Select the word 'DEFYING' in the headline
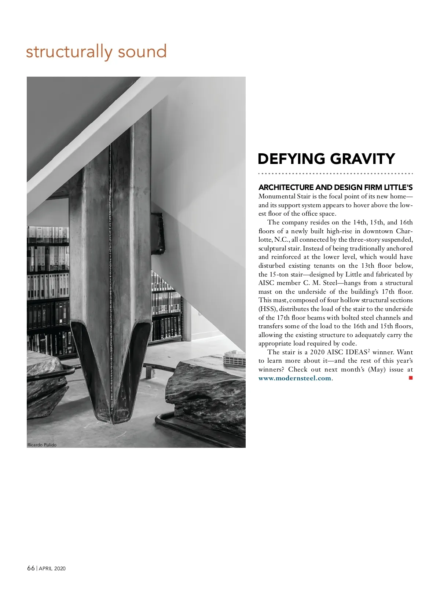pyautogui.click(x=291, y=159)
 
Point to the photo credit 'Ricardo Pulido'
pyautogui.click(x=42, y=445)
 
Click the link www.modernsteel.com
pyautogui.click(x=295, y=378)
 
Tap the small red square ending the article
pyautogui.click(x=411, y=378)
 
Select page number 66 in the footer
pyautogui.click(x=31, y=568)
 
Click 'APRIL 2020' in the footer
pyautogui.click(x=52, y=568)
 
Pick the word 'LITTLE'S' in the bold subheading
pyautogui.click(x=398, y=187)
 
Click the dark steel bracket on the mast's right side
pyautogui.click(x=158, y=233)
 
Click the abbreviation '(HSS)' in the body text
pyautogui.click(x=267, y=309)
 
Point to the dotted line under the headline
pyautogui.click(x=335, y=173)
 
